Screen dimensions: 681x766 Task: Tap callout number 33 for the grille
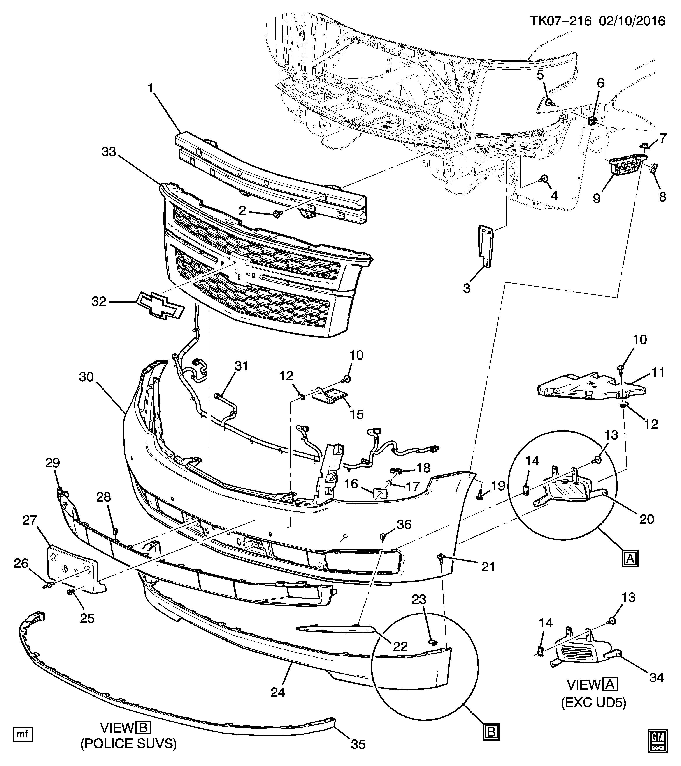click(x=111, y=152)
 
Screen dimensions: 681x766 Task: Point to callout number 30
click(x=86, y=377)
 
